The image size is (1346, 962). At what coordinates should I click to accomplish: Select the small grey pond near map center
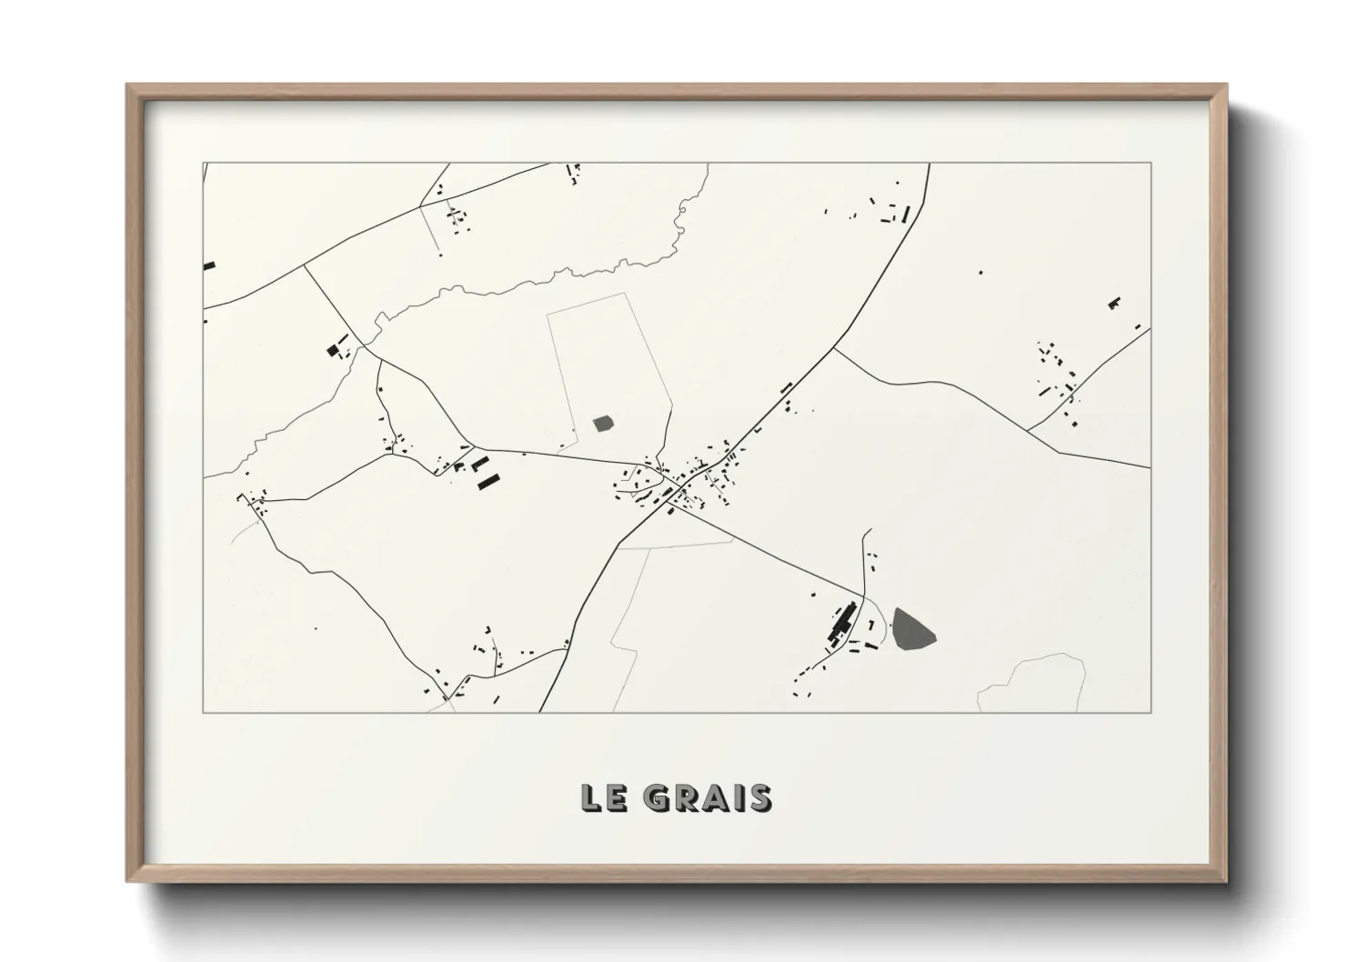[602, 423]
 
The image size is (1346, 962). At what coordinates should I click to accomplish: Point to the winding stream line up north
[546, 277]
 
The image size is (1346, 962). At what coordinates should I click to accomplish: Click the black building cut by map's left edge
[209, 266]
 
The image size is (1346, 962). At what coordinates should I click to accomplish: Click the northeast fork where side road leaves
[833, 347]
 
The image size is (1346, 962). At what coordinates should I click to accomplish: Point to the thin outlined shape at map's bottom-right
[1032, 684]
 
